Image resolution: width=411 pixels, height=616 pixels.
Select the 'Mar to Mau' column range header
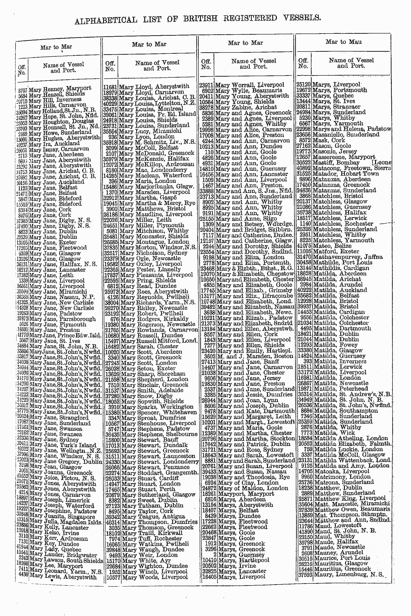(343, 42)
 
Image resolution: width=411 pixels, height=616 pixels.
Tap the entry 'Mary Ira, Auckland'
(54, 143)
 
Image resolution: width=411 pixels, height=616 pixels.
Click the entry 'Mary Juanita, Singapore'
(62, 516)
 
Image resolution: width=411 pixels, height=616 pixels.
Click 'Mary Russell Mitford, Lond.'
(158, 341)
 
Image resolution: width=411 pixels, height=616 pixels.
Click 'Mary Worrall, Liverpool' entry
(249, 85)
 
